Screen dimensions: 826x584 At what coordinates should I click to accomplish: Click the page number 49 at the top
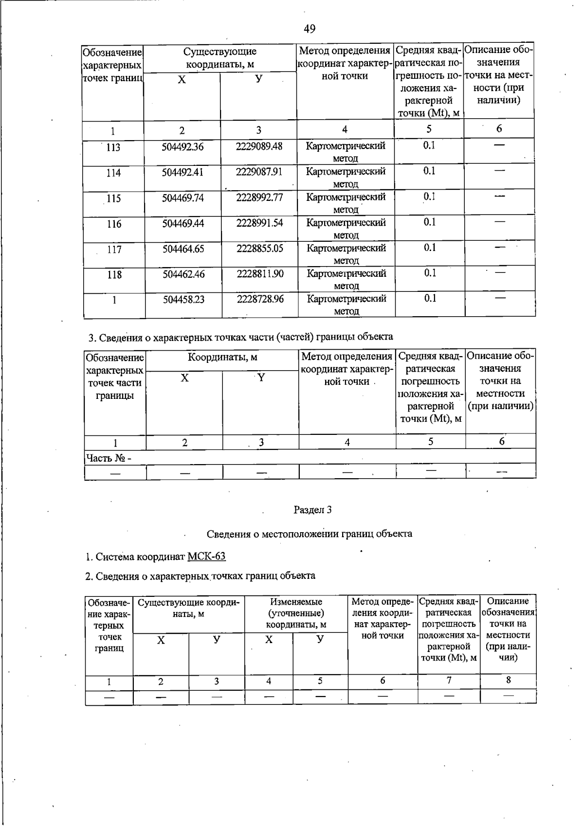click(310, 29)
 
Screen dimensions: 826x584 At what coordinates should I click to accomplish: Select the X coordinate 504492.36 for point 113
click(182, 147)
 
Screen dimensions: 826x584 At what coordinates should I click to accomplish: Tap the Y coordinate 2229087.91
click(259, 172)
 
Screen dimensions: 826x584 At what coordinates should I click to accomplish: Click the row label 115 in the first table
click(114, 198)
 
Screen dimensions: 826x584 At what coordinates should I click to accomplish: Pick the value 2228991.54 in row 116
click(259, 223)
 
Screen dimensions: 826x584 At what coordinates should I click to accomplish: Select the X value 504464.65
click(183, 249)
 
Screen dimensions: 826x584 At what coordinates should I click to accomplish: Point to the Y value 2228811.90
click(260, 274)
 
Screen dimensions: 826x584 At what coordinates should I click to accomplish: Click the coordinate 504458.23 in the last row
click(183, 300)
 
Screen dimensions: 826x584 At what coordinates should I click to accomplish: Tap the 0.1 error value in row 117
click(429, 248)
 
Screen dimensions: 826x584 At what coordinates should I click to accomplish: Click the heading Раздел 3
click(312, 510)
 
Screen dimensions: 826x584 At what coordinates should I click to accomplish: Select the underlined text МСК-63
click(206, 557)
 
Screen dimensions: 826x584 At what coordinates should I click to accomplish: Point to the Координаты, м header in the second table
click(222, 358)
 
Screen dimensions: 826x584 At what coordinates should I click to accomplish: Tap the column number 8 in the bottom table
click(508, 680)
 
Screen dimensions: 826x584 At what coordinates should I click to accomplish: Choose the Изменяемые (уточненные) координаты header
click(296, 613)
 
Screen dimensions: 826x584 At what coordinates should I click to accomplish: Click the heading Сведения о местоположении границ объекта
click(310, 534)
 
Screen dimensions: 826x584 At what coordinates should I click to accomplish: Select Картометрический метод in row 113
click(346, 152)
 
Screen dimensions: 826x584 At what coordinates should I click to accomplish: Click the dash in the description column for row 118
click(500, 272)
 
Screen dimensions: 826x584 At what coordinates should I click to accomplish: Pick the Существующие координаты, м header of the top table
click(219, 58)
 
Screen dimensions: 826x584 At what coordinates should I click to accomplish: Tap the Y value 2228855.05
click(260, 249)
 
